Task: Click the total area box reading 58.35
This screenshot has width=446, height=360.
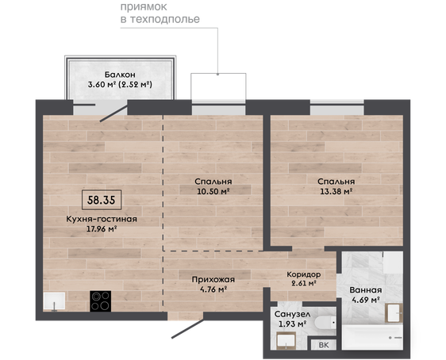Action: [x=102, y=200]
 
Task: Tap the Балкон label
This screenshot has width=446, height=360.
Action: [x=120, y=75]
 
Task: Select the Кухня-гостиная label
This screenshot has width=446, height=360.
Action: [x=102, y=219]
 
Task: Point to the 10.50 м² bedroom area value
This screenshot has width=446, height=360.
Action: [x=213, y=191]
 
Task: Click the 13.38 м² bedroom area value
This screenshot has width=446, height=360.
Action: [x=336, y=191]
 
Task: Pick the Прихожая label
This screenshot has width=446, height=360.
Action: [x=213, y=280]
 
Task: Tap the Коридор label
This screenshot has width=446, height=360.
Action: [x=303, y=274]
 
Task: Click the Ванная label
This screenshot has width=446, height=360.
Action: [x=366, y=290]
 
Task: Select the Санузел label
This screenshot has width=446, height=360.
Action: [x=292, y=314]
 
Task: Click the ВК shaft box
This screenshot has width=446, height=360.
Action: [x=324, y=345]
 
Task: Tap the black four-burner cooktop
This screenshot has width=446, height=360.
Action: [x=101, y=301]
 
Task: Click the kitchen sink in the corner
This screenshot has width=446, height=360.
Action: [x=54, y=301]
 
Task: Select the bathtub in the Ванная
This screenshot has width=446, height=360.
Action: [x=372, y=337]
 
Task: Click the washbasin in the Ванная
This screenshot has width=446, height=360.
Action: [x=394, y=313]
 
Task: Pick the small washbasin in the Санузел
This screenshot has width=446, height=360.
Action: [x=286, y=341]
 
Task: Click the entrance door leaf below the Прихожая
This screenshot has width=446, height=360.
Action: [x=188, y=328]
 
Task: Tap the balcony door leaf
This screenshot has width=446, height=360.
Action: [x=113, y=113]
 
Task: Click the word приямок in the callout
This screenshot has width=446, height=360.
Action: [x=144, y=7]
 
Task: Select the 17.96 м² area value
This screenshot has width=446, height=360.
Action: [x=102, y=229]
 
